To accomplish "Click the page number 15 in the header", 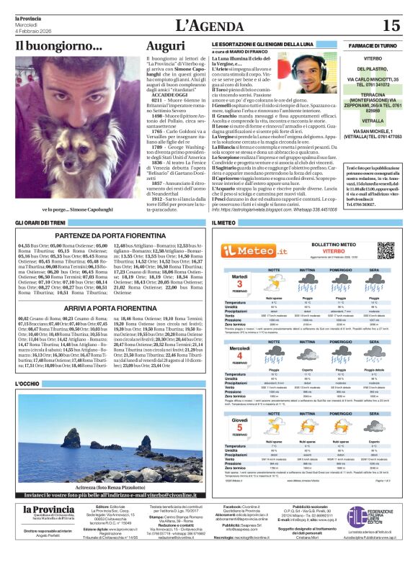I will click(x=391, y=26).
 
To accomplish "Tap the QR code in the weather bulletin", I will click(x=386, y=250).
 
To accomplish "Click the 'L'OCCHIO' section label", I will click(x=27, y=384).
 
